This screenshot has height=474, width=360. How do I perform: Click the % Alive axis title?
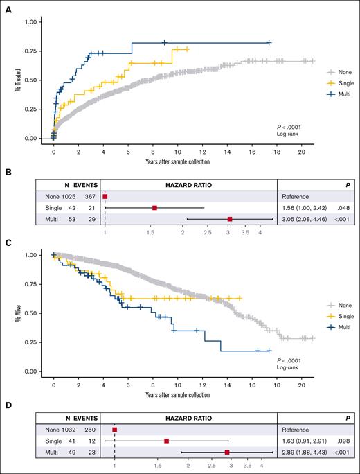[x=14, y=313]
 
